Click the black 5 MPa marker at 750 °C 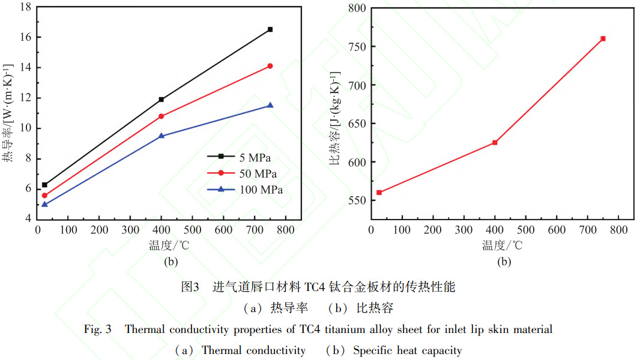point(270,29)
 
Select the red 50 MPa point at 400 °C point(161,116)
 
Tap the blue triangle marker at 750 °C point(270,105)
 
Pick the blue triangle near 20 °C point(44,204)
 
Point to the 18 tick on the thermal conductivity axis point(25,7)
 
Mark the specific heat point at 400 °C point(495,142)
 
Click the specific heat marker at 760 point(603,38)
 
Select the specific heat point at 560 point(379,193)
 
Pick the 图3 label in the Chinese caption point(190,287)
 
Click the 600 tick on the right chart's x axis point(557,230)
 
